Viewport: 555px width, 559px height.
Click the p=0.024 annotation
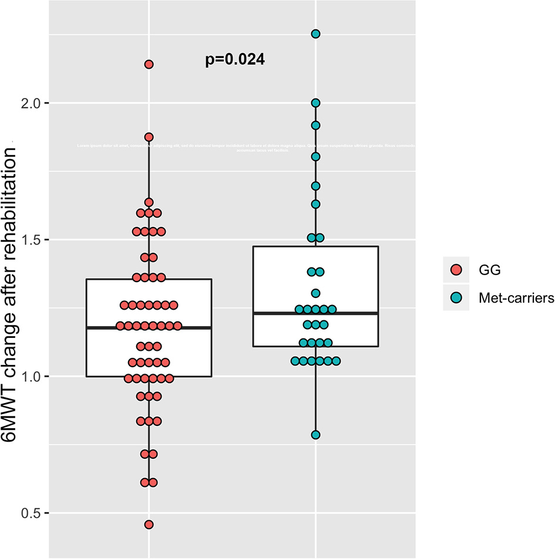pos(235,60)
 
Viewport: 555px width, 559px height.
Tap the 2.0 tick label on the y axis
pos(30,103)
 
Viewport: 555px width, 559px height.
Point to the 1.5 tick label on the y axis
pos(30,240)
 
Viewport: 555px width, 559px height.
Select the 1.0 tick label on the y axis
pos(30,377)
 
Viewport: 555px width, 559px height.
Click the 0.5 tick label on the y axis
pos(30,513)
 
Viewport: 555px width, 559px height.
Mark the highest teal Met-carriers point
pos(315,34)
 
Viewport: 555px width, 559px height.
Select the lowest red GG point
pos(149,524)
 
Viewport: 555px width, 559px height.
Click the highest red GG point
pos(149,65)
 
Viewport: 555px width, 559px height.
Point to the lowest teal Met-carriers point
pos(315,435)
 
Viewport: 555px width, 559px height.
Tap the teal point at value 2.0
pos(315,103)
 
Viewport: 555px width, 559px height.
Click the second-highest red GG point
pos(149,137)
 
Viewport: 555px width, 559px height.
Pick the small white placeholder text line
pos(247,147)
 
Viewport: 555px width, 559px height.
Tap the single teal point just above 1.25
pos(315,293)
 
